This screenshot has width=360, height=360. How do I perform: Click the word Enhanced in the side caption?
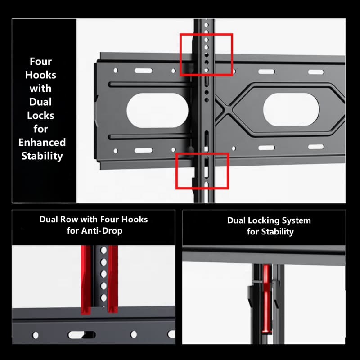coord(42,142)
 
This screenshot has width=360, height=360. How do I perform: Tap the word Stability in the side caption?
coord(42,156)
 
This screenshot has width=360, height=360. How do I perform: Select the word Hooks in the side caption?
coord(40,75)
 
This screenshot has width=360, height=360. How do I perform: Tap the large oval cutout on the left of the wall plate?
coord(157,110)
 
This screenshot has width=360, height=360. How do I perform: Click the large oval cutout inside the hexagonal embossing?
coord(291,109)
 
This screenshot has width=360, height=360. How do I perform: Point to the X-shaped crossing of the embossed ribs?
coord(227,110)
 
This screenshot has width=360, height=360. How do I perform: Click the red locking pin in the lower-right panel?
coord(266,299)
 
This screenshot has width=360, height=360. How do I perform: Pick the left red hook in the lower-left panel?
coord(86,279)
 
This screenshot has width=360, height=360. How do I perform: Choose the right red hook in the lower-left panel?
coord(113,279)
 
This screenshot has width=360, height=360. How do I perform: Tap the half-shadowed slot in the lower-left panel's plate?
coord(82,335)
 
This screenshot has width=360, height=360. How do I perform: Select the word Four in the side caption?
coord(40,61)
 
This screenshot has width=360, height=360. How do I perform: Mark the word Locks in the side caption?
coord(40,115)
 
